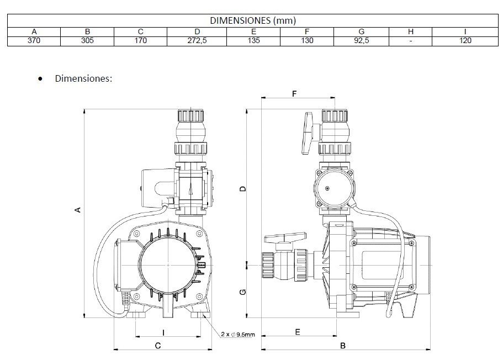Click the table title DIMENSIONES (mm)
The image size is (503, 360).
point(253,21)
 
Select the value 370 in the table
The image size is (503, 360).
point(34,40)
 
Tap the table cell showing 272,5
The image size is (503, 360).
point(197,40)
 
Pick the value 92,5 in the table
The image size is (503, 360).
point(361,40)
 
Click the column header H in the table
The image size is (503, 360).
point(411,31)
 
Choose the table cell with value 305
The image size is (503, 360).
point(87,40)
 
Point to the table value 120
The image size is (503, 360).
point(465,40)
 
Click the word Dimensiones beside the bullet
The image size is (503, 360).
point(83,78)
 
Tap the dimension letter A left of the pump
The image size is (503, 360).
point(78,209)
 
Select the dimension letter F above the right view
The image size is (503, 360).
point(294,94)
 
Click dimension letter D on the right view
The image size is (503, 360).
point(242,189)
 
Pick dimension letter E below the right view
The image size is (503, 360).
point(298,332)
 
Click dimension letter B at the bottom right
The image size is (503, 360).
point(343,346)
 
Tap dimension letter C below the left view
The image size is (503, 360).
point(157,346)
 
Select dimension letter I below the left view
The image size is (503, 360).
point(163,332)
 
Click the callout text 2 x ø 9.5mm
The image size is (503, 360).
point(238,335)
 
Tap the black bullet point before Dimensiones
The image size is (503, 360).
point(40,79)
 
